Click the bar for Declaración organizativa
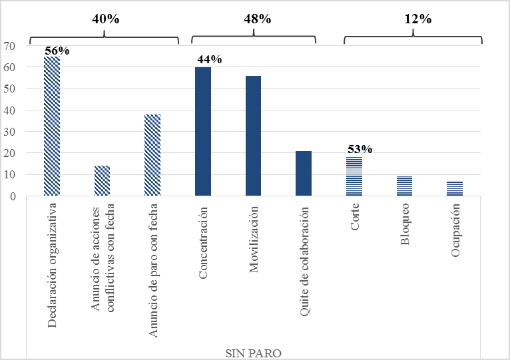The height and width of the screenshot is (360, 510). (x=52, y=126)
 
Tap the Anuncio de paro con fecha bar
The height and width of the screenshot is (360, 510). (x=152, y=155)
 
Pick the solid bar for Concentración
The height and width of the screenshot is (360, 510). (x=203, y=132)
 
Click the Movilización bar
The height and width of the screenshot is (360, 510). (x=253, y=136)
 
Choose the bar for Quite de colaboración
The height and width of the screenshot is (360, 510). (x=304, y=174)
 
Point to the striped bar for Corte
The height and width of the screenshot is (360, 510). (x=354, y=176)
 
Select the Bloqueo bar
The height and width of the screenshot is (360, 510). (x=404, y=186)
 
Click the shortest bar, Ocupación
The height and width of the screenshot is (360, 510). (x=455, y=189)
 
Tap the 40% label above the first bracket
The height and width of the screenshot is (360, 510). (x=105, y=19)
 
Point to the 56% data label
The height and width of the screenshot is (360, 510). (x=57, y=51)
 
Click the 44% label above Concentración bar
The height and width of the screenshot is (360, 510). (x=209, y=60)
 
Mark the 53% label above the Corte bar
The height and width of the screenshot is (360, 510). (x=359, y=149)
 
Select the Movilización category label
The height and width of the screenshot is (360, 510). (x=254, y=240)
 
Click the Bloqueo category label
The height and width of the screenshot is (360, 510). (x=405, y=227)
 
